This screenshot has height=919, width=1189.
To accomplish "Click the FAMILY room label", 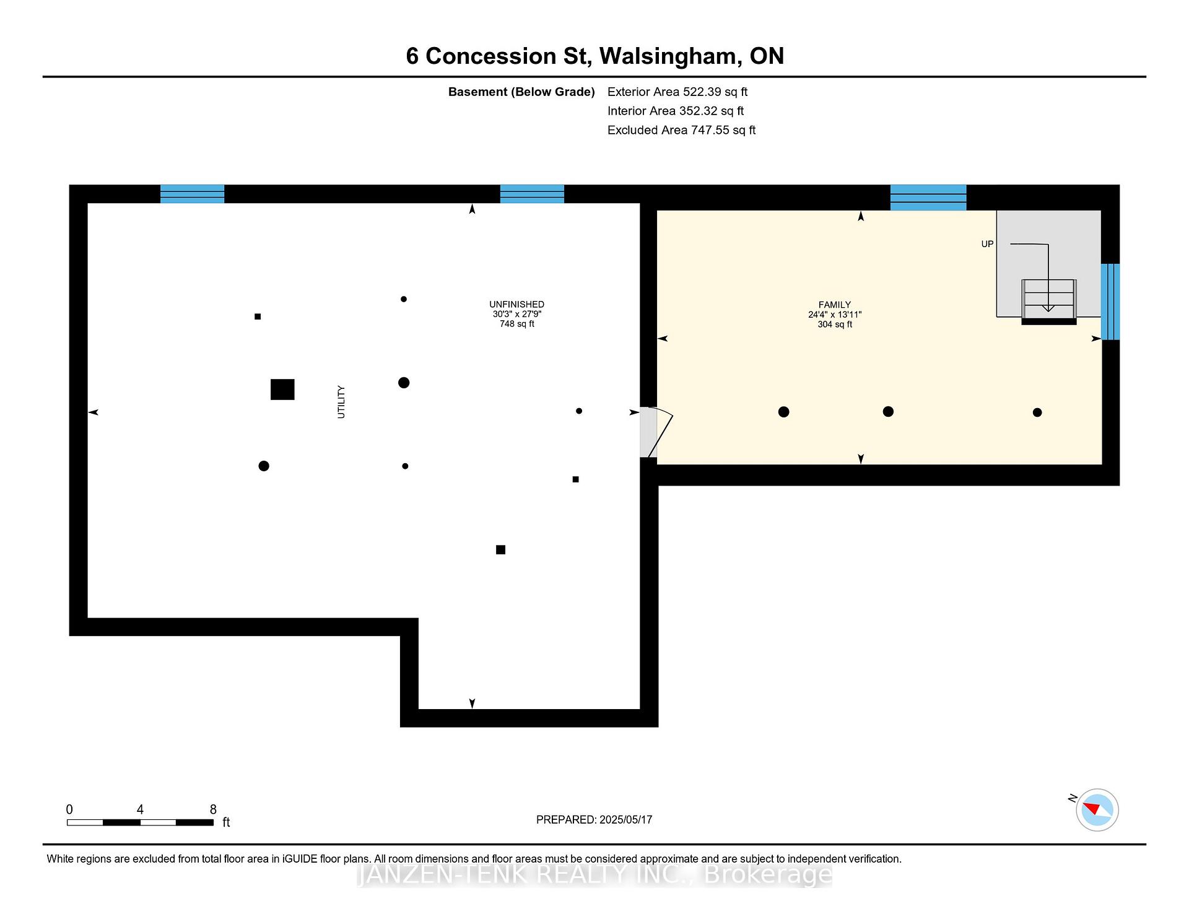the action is (834, 305).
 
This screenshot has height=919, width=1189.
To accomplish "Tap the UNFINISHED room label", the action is (516, 304).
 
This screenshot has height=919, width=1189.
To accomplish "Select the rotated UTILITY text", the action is (341, 402).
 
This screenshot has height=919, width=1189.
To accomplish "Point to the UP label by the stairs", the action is (987, 244).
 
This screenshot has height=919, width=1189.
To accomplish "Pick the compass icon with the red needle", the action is (1097, 809).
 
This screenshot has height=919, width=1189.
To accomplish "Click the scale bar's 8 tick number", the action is (213, 809).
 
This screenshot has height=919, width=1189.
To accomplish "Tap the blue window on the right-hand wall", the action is (1110, 302).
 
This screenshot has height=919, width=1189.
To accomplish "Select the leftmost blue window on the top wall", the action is (192, 194).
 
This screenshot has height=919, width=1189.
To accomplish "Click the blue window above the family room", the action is (928, 198).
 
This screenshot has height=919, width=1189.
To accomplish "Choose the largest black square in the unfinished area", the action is (282, 390).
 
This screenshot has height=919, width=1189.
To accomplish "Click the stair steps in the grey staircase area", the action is (1049, 299).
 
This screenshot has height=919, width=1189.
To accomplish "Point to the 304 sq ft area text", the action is (835, 324).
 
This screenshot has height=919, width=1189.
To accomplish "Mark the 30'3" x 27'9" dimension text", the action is (517, 314).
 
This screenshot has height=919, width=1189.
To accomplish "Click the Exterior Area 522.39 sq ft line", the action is (677, 92).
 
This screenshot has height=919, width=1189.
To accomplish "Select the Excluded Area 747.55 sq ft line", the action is (681, 130).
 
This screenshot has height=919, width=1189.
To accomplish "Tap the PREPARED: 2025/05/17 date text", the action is (594, 819).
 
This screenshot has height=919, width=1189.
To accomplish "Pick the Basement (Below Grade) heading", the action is (521, 92).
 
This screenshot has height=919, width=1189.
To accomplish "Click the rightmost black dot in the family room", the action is (1037, 412).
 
